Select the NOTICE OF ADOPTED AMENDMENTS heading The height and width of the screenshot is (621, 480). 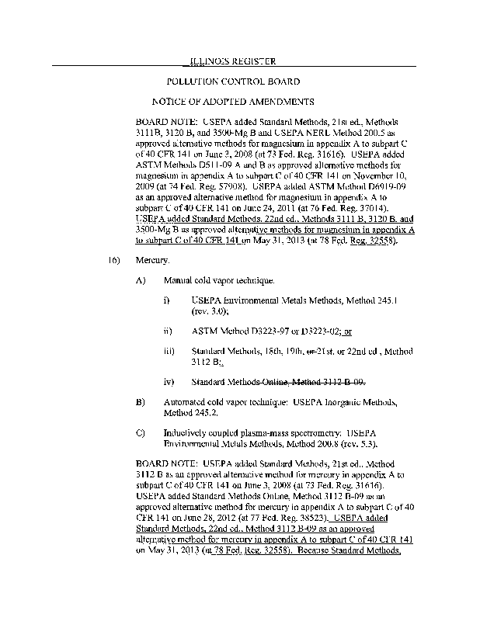233,102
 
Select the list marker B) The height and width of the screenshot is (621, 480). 141,401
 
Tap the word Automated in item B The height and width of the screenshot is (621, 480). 187,401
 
